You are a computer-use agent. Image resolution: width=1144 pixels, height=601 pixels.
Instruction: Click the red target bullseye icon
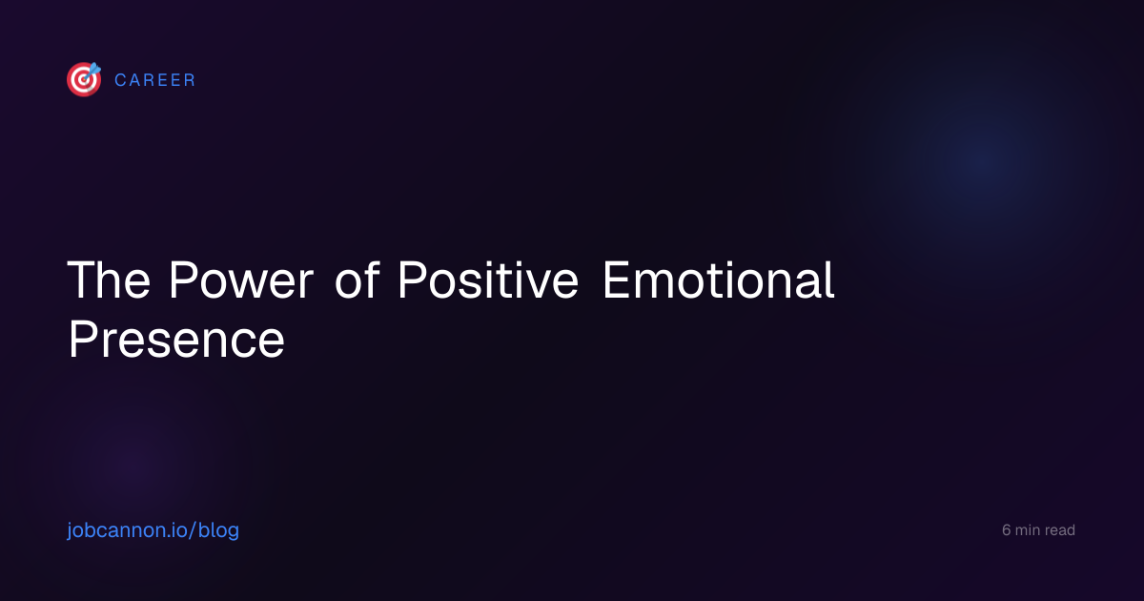84,79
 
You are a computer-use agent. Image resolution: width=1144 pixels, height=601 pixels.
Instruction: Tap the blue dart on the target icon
92,71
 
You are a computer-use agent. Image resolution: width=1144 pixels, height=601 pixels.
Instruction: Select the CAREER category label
154,80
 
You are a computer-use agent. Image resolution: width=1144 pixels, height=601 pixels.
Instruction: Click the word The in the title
109,280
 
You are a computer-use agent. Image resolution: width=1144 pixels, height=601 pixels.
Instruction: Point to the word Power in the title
241,280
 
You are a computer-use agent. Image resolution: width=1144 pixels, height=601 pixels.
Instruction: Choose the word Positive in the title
488,280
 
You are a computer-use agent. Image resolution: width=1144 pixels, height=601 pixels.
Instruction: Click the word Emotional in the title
719,280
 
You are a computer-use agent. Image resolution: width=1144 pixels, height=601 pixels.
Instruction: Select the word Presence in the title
176,339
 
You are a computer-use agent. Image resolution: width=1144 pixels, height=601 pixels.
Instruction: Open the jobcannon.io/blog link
153,530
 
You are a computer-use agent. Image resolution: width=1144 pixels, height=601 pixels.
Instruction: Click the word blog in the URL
218,530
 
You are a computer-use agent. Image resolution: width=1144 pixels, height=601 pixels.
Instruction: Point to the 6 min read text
1038,530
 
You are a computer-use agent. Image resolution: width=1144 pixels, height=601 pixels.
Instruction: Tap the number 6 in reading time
1006,530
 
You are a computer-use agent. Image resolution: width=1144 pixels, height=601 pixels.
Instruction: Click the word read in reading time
1059,530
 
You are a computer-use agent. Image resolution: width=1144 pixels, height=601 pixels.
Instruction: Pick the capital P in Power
183,280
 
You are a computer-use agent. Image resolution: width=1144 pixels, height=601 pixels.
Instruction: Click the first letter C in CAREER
120,80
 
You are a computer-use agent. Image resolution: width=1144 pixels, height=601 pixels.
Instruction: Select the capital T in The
82,280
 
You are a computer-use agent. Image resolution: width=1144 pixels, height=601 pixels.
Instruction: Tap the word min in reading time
1027,530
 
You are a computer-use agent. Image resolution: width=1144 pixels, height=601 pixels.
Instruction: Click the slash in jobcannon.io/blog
192,530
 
